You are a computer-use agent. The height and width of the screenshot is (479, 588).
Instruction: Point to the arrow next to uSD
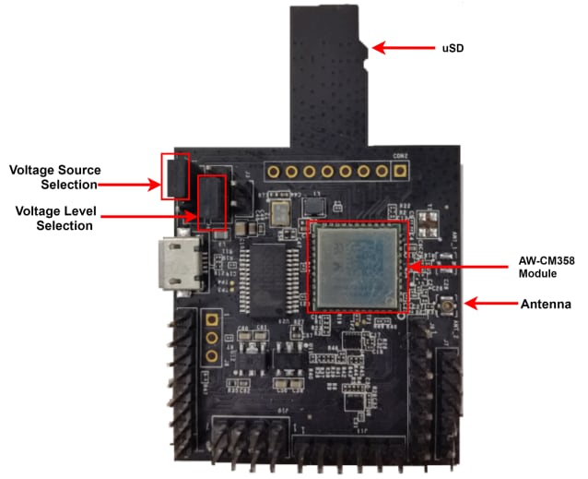[397, 45]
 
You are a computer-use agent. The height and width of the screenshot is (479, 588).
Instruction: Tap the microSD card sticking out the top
[330, 74]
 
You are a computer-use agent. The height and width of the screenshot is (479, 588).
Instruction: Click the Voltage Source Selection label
[55, 178]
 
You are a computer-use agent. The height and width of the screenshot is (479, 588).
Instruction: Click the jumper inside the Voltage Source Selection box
[175, 175]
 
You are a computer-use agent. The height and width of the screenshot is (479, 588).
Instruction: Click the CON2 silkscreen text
[401, 155]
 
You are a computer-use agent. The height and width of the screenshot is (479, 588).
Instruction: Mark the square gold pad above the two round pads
[212, 320]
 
